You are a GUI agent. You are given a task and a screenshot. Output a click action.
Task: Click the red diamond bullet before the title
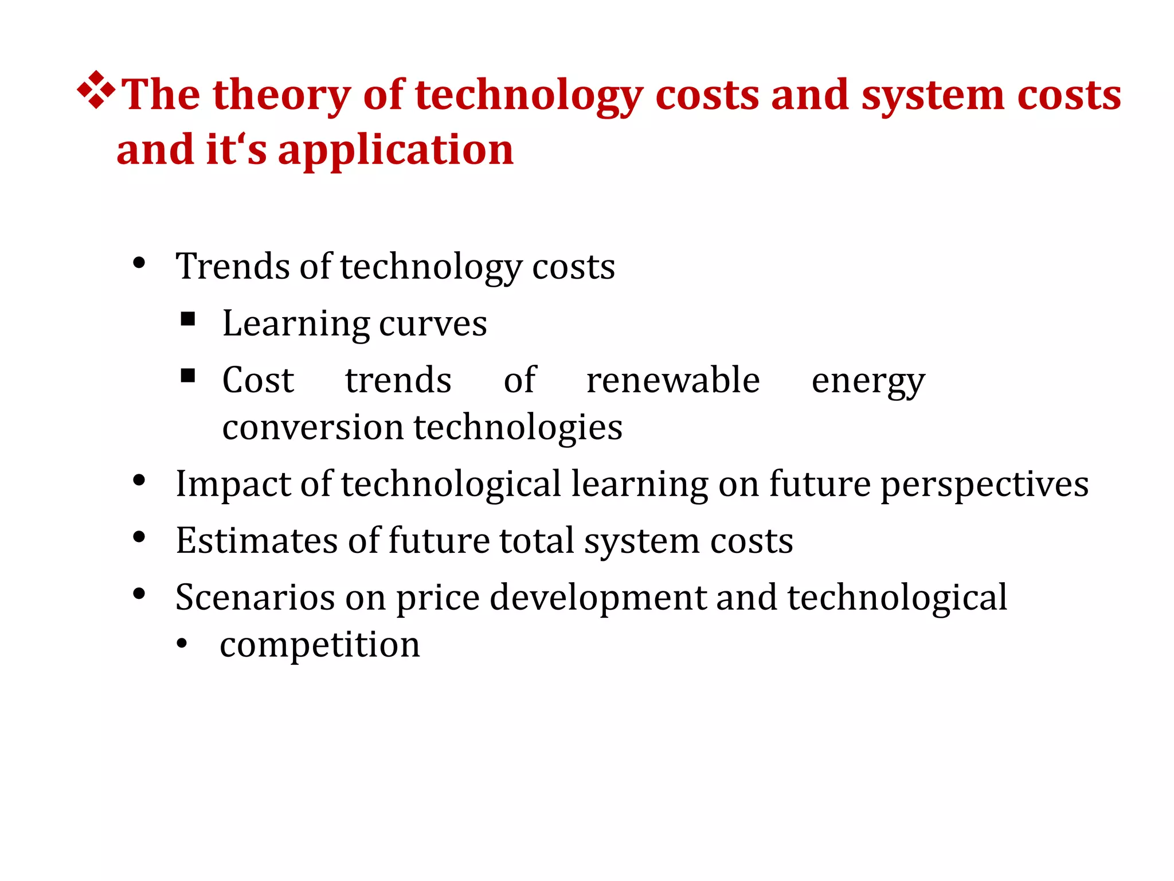point(96,90)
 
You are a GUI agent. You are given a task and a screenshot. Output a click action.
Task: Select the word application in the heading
point(396,150)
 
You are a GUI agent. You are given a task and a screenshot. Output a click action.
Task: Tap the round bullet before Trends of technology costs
point(139,263)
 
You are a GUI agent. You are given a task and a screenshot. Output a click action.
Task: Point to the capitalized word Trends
point(233,267)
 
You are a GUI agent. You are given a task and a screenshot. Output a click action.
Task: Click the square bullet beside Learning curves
point(188,319)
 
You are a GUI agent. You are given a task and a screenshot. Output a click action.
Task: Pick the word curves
point(433,324)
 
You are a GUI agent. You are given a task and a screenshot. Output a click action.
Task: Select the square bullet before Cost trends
point(188,376)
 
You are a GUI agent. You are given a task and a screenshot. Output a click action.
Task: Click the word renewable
point(673,380)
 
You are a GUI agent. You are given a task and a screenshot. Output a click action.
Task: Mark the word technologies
point(518,428)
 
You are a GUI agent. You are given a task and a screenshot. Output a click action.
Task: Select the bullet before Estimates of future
point(139,537)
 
